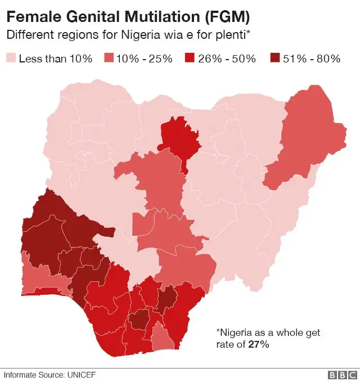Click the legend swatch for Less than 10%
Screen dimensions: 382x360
point(11,59)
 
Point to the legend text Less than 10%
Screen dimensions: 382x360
point(56,59)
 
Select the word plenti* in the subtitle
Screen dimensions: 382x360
point(231,35)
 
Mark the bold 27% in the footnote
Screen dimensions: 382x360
point(259,344)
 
